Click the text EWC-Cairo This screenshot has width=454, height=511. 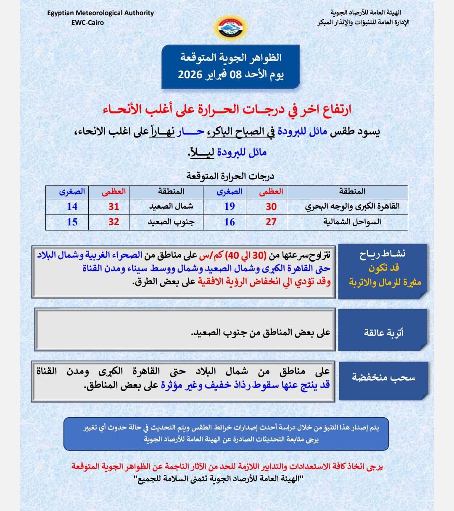87,22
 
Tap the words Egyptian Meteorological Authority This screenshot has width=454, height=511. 100,13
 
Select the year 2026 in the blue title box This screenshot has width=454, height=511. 191,75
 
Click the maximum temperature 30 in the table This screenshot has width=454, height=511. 271,207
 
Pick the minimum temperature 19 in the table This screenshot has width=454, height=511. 230,207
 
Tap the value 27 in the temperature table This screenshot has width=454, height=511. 271,222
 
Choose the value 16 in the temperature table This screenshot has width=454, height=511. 230,222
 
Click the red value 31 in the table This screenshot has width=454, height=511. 114,207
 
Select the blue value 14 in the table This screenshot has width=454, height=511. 72,207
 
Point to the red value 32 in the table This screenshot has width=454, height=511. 114,222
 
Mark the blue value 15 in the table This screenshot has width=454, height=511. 72,222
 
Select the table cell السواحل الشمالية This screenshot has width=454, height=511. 352,222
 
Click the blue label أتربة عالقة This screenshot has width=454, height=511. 383,333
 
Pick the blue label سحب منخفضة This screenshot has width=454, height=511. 383,377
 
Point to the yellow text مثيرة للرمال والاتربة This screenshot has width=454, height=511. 385,282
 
